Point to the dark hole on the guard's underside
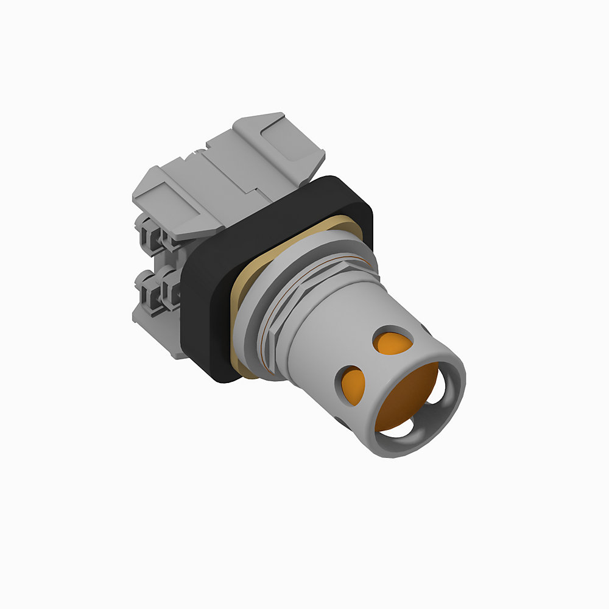[x=341, y=420]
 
